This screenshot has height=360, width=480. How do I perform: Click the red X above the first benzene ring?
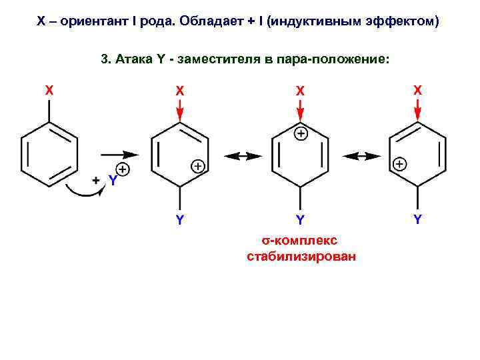click(x=49, y=89)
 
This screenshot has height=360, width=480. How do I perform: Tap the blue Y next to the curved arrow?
click(x=113, y=181)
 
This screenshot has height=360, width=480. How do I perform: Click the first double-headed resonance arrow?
click(x=243, y=155)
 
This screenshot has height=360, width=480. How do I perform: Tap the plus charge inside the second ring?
click(x=198, y=166)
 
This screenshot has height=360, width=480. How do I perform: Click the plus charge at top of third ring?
click(x=301, y=134)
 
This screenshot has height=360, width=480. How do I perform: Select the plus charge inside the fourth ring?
click(x=399, y=163)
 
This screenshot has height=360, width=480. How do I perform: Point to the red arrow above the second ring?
click(x=180, y=109)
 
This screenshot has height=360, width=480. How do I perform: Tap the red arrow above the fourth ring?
click(x=417, y=109)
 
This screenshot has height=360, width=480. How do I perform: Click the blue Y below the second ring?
click(x=180, y=219)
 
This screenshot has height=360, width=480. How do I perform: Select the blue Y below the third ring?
click(x=301, y=219)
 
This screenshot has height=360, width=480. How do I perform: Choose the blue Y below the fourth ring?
click(x=417, y=219)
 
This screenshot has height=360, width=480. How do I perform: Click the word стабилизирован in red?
click(x=301, y=256)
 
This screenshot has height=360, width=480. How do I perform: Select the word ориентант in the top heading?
click(x=88, y=21)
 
